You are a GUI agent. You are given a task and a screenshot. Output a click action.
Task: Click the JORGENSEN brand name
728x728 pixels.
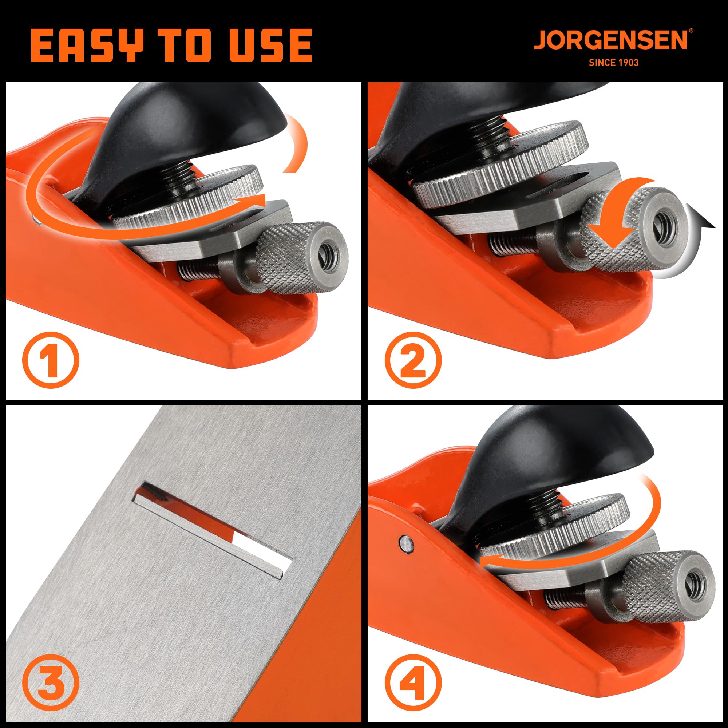click(x=611, y=40)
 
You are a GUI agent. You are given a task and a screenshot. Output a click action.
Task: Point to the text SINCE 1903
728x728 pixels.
click(x=613, y=63)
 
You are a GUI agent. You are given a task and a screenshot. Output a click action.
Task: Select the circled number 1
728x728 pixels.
click(x=51, y=360)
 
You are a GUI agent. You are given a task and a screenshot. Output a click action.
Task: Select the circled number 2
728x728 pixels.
click(x=413, y=360)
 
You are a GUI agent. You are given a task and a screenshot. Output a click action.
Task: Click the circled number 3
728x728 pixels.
click(x=51, y=682)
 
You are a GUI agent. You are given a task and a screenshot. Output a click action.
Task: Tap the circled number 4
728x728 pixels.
click(x=413, y=682)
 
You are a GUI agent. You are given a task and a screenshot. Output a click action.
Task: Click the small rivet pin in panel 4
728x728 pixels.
click(x=405, y=543)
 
